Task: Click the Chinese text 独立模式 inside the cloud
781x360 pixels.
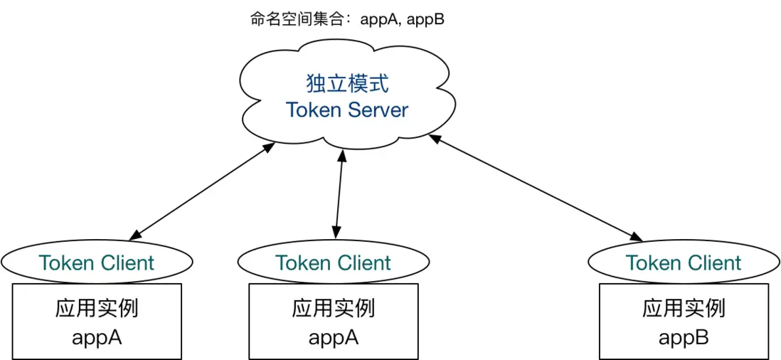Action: [x=347, y=84]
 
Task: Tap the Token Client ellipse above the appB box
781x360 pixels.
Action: [x=684, y=263]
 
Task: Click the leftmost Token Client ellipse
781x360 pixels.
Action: [x=97, y=263]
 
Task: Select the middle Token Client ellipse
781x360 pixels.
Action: [x=333, y=263]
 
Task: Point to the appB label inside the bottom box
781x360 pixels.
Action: [x=684, y=337]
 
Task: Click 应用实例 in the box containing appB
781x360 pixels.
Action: [x=684, y=308]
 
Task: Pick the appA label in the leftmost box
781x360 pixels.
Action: [x=97, y=337]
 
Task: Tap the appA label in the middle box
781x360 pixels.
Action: [x=333, y=337]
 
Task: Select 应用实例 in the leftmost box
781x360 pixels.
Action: [x=97, y=308]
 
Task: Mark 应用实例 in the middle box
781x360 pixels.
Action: [x=333, y=308]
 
